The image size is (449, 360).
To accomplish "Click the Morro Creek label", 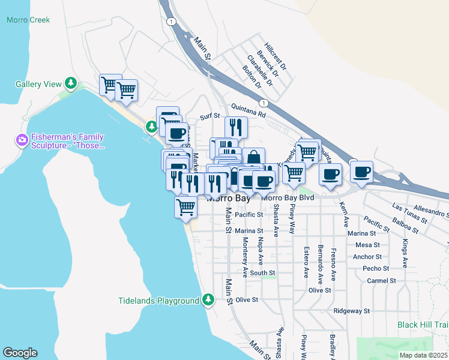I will point(28,20).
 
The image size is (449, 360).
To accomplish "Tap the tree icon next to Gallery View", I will point(71,82).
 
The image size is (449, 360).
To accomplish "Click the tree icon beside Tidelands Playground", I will point(208,299).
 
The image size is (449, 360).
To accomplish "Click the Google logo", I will point(20,352).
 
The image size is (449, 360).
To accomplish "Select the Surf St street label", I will point(210,116).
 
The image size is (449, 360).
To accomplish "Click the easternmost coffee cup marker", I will point(362,172).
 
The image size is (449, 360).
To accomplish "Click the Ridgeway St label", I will point(352,311).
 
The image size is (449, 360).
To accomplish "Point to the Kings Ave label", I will point(405,254).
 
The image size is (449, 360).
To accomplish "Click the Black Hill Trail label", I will point(423,325).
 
